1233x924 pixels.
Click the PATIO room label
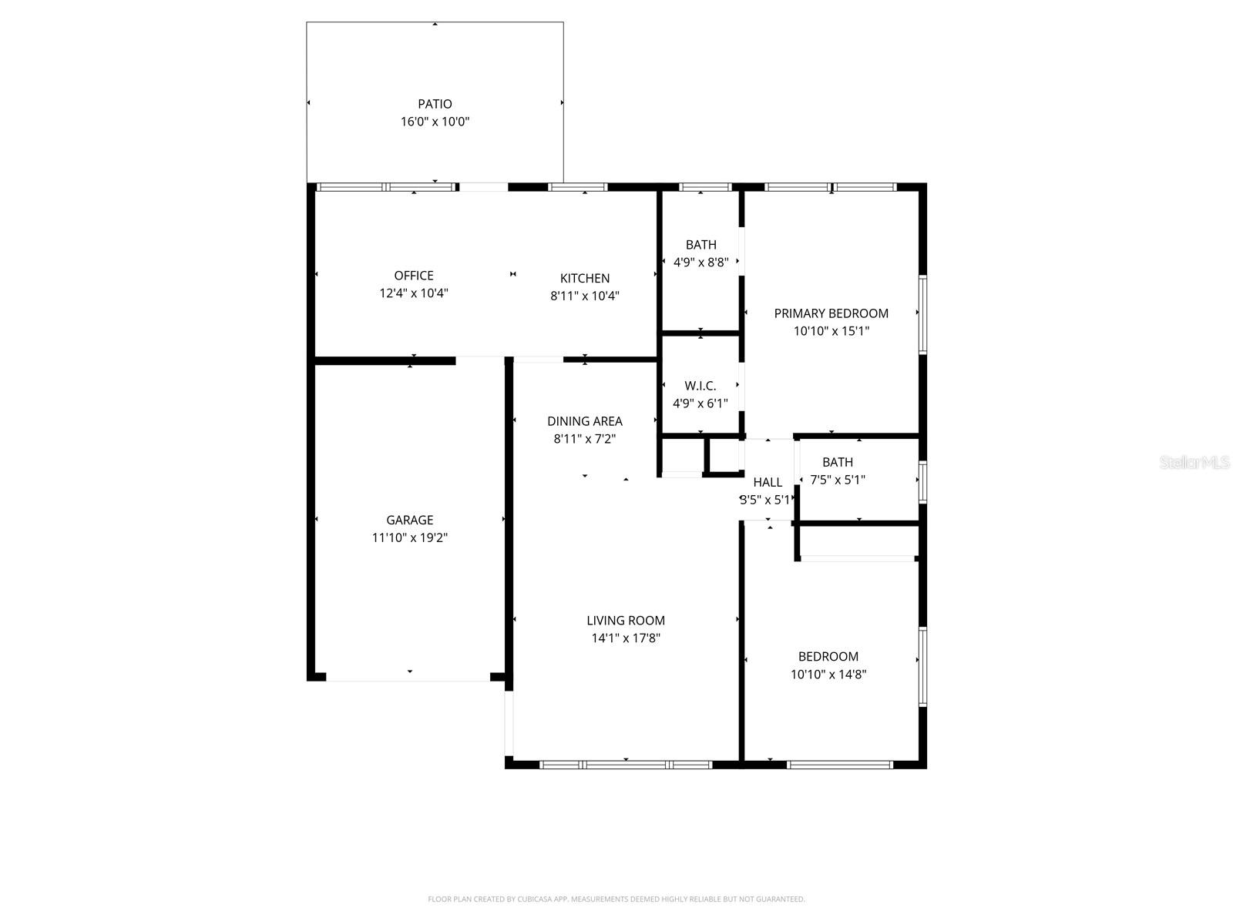[435, 104]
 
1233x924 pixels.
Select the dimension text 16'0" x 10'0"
[435, 122]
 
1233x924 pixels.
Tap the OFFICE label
[414, 276]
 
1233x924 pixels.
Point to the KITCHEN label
[585, 279]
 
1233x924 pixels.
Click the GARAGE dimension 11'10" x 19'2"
[409, 538]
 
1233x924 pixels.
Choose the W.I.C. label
[700, 386]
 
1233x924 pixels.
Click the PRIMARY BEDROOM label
[831, 313]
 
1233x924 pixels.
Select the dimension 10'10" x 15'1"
[832, 331]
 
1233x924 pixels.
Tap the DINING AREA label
[585, 421]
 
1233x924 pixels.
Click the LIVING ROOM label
[626, 621]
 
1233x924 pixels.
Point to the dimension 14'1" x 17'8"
[626, 638]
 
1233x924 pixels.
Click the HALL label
[768, 483]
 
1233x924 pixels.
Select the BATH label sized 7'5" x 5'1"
[838, 463]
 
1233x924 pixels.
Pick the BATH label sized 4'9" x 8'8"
[700, 245]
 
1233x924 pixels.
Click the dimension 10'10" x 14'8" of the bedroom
[828, 675]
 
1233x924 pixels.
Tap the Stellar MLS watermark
[1194, 463]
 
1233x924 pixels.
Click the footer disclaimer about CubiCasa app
[616, 899]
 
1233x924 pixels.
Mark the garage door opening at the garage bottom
[408, 679]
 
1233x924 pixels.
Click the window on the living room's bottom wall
[626, 765]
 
